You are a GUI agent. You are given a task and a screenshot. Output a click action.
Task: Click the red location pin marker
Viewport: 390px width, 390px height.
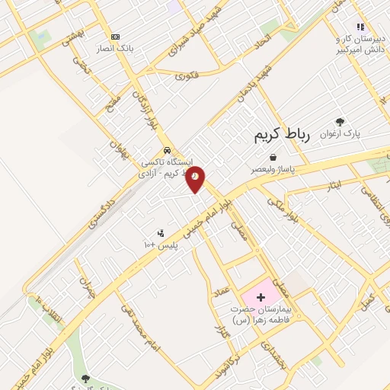tap(196, 177)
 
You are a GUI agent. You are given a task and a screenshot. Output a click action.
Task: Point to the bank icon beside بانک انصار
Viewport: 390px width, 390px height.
tap(115, 37)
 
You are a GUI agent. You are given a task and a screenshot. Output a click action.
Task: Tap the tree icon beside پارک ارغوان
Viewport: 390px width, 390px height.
tap(340, 122)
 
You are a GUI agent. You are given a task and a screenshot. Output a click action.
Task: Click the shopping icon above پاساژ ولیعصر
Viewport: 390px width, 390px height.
tap(272, 158)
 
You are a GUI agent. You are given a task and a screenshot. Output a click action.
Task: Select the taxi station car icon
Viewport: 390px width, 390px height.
tap(167, 150)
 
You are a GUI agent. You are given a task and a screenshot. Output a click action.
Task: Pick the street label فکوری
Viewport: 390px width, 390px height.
tap(187, 75)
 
